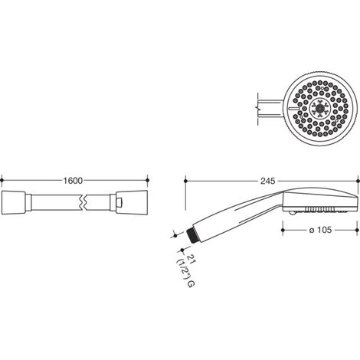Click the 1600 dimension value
73,181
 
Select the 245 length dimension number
268,181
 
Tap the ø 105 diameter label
320,230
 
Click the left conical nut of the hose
14,202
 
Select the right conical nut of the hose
132,202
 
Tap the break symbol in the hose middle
84,202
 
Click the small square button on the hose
119,202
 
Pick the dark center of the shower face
319,109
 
